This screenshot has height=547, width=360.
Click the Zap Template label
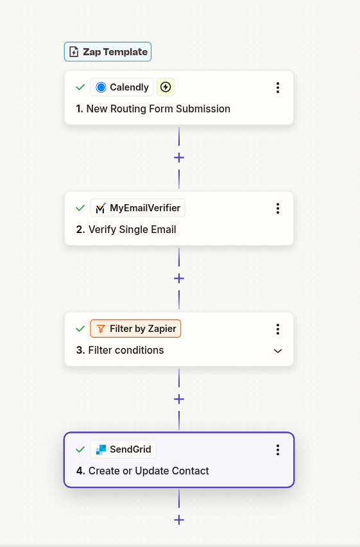(108, 52)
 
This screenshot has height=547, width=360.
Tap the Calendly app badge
(122, 87)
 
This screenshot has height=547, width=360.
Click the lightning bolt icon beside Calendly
(166, 87)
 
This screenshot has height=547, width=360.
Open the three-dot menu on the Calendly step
(278, 87)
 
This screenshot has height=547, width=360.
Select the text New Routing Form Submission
(158, 109)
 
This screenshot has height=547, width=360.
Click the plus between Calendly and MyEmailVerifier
(179, 157)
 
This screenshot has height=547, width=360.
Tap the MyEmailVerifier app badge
(138, 208)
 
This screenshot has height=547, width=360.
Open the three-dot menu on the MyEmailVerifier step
(278, 208)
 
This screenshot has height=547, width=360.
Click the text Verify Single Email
(132, 230)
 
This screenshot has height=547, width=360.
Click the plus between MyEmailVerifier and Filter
(179, 278)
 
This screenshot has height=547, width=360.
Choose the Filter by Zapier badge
(135, 329)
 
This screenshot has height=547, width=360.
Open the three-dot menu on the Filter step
(278, 329)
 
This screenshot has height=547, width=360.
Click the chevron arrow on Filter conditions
(278, 351)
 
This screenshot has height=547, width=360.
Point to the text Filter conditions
(125, 351)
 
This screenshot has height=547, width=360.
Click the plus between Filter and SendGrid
(179, 399)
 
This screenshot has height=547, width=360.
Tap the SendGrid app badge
(123, 449)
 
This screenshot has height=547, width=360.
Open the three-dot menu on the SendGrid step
(278, 449)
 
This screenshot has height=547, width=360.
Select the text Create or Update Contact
(148, 471)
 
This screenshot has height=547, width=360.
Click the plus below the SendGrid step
(179, 519)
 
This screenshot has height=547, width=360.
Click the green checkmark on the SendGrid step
(80, 449)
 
